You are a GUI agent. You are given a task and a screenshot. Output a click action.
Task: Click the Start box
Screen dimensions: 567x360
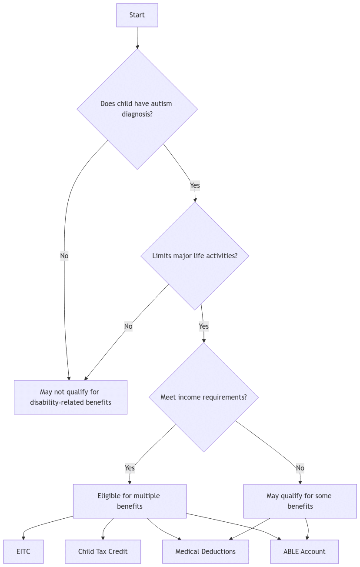pos(137,15)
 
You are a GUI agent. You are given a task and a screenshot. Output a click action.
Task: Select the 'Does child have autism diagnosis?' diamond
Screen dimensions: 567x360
pos(137,109)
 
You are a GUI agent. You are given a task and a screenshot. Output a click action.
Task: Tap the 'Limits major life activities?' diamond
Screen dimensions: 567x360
pos(195,256)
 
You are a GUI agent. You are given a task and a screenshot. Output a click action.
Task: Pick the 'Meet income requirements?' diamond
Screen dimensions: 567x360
pos(203,397)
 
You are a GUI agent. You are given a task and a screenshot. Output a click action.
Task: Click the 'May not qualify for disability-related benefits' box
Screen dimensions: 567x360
pos(70,397)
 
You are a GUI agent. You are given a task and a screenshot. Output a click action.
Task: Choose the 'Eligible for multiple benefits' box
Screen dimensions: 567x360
pos(130,501)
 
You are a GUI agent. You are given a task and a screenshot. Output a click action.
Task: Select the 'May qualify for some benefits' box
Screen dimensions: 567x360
pos(300,501)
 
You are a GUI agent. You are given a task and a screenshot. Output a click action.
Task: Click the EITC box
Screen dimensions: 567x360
pos(23,551)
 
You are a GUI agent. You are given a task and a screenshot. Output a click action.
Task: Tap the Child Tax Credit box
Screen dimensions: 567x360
pos(103,551)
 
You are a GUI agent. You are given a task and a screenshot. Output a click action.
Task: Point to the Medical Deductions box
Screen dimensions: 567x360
pos(205,551)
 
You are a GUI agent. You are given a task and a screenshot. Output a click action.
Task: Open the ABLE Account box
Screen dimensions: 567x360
pos(304,551)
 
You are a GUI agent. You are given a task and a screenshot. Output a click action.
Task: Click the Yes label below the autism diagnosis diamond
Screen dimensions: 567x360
pos(195,185)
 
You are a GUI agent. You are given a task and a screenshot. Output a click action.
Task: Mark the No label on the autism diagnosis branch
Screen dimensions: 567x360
pos(64,256)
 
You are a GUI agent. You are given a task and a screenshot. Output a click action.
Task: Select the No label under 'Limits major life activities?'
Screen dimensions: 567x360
pos(128,326)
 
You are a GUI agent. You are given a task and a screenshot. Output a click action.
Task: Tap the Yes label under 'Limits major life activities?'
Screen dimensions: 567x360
pos(203,326)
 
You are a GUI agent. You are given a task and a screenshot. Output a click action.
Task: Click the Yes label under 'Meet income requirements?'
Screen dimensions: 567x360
pos(130,468)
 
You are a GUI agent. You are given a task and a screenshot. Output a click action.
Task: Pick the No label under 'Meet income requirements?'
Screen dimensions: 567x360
pos(300,468)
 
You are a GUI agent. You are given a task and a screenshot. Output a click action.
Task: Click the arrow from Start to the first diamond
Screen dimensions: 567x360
pos(137,38)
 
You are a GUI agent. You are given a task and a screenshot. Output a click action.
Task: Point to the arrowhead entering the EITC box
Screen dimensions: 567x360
pos(23,537)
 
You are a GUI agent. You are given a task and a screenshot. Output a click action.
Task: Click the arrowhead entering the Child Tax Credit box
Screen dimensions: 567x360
pos(103,537)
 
